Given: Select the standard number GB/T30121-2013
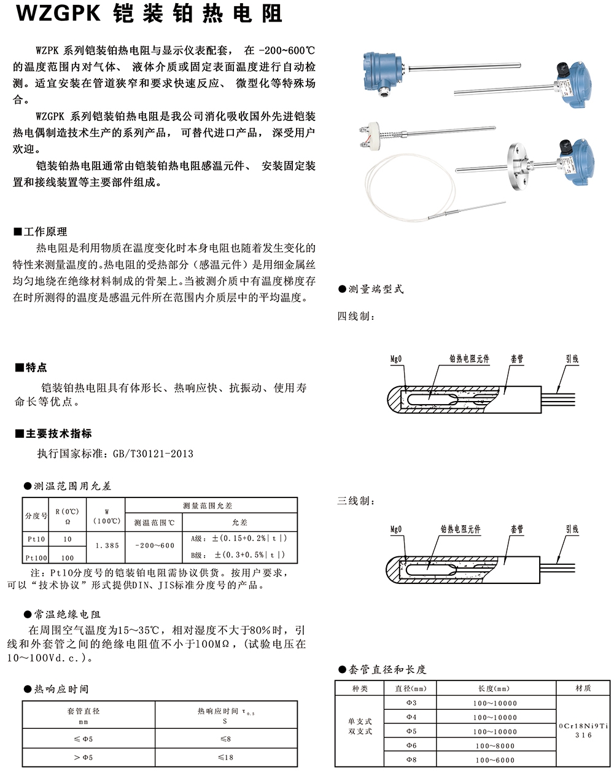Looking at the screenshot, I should click(x=153, y=454).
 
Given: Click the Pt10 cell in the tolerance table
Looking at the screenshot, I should click(x=36, y=539).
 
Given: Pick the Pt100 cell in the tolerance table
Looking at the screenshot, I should click(x=36, y=558).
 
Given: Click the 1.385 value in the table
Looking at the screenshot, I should click(x=107, y=545).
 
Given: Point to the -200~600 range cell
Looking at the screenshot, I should click(x=154, y=545).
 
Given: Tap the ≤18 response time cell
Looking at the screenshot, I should click(x=226, y=757).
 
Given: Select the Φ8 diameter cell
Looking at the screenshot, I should click(x=411, y=760).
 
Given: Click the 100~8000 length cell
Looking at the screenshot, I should click(x=495, y=745).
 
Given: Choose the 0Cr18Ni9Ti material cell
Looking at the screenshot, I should click(x=583, y=726).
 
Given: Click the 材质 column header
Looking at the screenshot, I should click(x=583, y=688).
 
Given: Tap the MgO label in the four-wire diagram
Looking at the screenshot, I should click(x=396, y=359).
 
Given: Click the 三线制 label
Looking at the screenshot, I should click(x=355, y=501).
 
